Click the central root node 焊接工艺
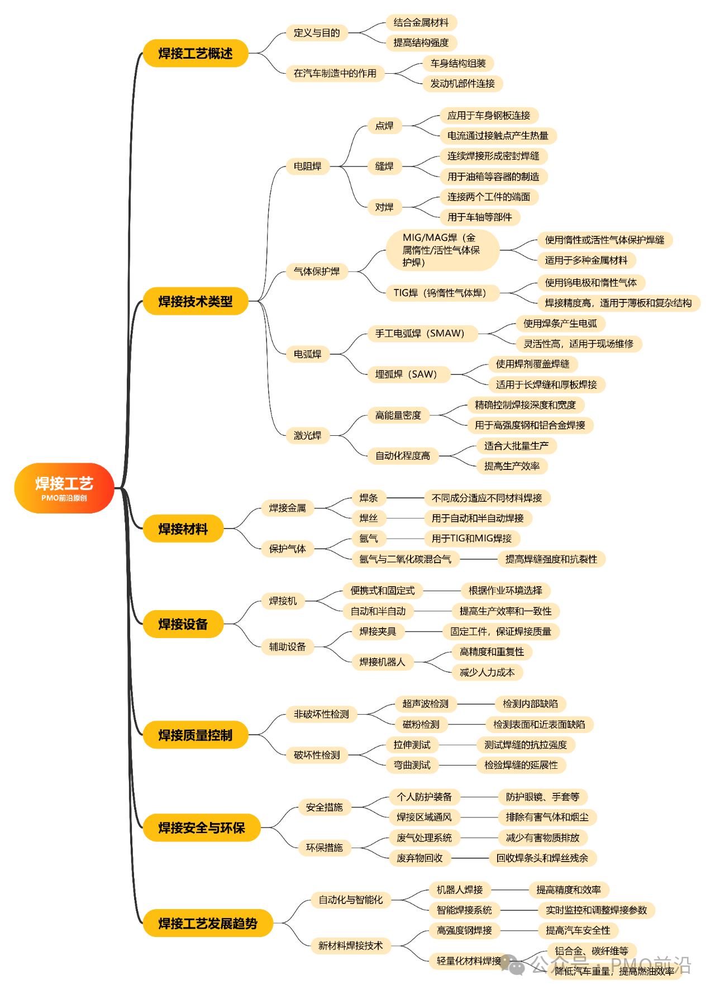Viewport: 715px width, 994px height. (x=64, y=488)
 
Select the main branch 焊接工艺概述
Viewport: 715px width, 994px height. (x=196, y=53)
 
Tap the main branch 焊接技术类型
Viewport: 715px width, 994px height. (x=196, y=301)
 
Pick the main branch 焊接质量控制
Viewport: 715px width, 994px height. (x=196, y=735)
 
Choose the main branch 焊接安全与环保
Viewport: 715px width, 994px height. (x=202, y=827)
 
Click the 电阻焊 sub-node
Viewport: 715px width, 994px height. (x=308, y=166)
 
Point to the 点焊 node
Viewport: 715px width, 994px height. (x=384, y=126)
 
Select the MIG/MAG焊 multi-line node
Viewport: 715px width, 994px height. (x=442, y=250)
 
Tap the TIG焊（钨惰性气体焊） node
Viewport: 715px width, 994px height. (x=442, y=292)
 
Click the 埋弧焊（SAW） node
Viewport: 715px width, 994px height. (x=409, y=374)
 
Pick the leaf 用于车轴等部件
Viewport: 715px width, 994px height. (x=480, y=217)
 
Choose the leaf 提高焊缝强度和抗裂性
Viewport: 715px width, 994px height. (x=551, y=559)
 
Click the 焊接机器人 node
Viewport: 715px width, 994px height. (x=383, y=662)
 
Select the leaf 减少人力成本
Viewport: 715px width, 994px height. (x=487, y=672)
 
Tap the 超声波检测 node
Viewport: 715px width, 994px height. (x=426, y=703)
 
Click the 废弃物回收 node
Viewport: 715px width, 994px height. (x=420, y=858)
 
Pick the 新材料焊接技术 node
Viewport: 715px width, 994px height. (x=351, y=945)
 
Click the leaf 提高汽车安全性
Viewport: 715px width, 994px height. (x=578, y=930)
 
